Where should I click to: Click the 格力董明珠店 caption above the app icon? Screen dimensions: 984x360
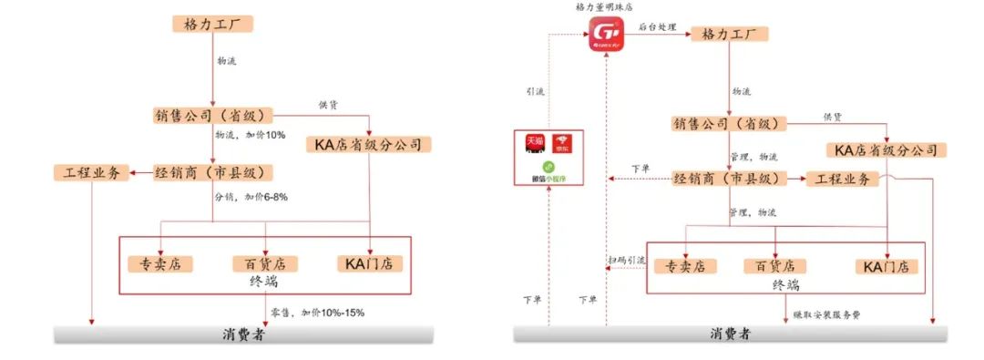[608, 7]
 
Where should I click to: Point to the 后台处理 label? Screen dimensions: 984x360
[658, 28]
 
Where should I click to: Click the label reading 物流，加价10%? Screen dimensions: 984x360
[250, 135]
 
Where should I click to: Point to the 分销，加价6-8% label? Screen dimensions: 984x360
[251, 197]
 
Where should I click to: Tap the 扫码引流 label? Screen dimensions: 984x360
[626, 261]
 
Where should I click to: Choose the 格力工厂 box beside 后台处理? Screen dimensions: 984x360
[729, 34]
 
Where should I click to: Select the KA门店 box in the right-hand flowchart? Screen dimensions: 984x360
[886, 266]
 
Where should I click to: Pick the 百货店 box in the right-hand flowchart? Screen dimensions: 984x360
[774, 266]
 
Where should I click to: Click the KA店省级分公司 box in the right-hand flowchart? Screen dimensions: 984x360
[887, 149]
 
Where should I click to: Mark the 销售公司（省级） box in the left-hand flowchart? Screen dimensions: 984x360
[213, 116]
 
